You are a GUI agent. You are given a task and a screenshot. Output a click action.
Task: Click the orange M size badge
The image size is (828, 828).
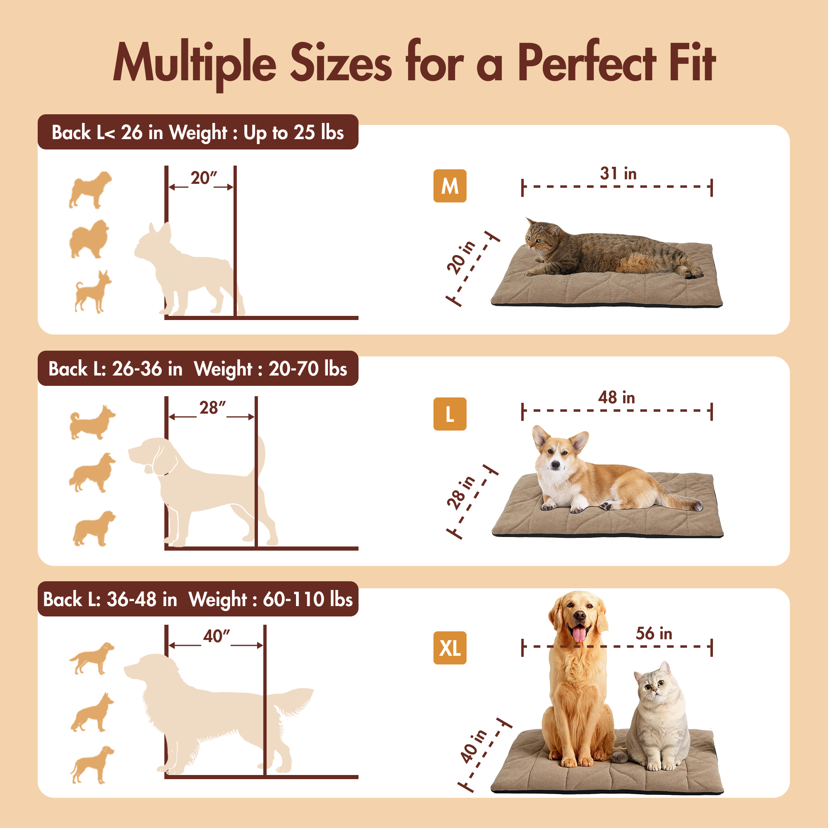[x=450, y=186]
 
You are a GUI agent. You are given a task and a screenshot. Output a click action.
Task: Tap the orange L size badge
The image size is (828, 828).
[x=450, y=414]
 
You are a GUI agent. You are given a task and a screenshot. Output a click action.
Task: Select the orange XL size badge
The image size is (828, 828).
[x=450, y=647]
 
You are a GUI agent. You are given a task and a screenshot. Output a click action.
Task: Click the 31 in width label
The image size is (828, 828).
[x=618, y=173]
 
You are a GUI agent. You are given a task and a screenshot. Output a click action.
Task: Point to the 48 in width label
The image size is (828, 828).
[x=616, y=397]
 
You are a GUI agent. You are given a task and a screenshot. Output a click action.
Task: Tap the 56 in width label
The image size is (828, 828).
[x=654, y=633]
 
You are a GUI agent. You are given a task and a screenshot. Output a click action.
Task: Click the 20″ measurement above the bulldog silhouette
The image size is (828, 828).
[x=204, y=178]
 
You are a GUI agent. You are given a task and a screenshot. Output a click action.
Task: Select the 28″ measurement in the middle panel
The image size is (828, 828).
[x=212, y=407]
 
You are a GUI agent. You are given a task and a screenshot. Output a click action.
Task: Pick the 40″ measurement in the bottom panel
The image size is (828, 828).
[x=217, y=636]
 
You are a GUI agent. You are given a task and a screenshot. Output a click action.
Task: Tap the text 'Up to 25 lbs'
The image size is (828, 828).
[x=294, y=132]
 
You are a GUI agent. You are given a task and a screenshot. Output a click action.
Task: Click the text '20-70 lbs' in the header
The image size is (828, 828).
[x=308, y=369]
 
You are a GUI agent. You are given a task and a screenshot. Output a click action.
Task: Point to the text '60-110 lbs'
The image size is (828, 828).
[x=308, y=599]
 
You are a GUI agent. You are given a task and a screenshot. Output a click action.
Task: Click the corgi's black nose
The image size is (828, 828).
[x=556, y=465]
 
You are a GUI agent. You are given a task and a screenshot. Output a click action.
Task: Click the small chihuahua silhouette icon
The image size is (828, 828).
[x=92, y=291]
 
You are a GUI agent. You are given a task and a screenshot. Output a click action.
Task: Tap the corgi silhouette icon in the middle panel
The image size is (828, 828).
[x=92, y=423]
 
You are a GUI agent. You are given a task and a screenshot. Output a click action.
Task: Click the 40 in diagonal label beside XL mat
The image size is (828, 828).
[x=474, y=746]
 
